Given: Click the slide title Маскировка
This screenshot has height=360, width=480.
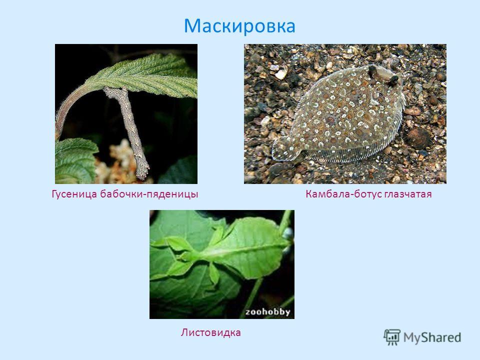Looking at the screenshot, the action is (x=239, y=25).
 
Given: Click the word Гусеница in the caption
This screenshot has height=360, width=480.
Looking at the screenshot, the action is (x=74, y=194).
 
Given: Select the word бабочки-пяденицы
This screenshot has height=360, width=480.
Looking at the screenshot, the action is (x=149, y=194).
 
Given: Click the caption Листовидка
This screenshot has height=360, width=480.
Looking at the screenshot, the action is (x=210, y=332).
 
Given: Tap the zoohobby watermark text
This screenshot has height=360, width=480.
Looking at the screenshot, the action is (x=267, y=312).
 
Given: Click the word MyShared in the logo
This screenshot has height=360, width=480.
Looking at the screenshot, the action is (x=432, y=337).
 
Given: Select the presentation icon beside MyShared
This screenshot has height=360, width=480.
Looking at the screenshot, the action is (x=392, y=337).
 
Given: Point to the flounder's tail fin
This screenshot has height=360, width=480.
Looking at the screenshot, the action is (x=285, y=149).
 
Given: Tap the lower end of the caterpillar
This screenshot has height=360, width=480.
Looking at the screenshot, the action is (x=142, y=176).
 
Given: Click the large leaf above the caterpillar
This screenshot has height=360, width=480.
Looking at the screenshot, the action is (x=144, y=75).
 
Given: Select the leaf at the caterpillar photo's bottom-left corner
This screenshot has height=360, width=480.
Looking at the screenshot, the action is (x=75, y=160).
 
